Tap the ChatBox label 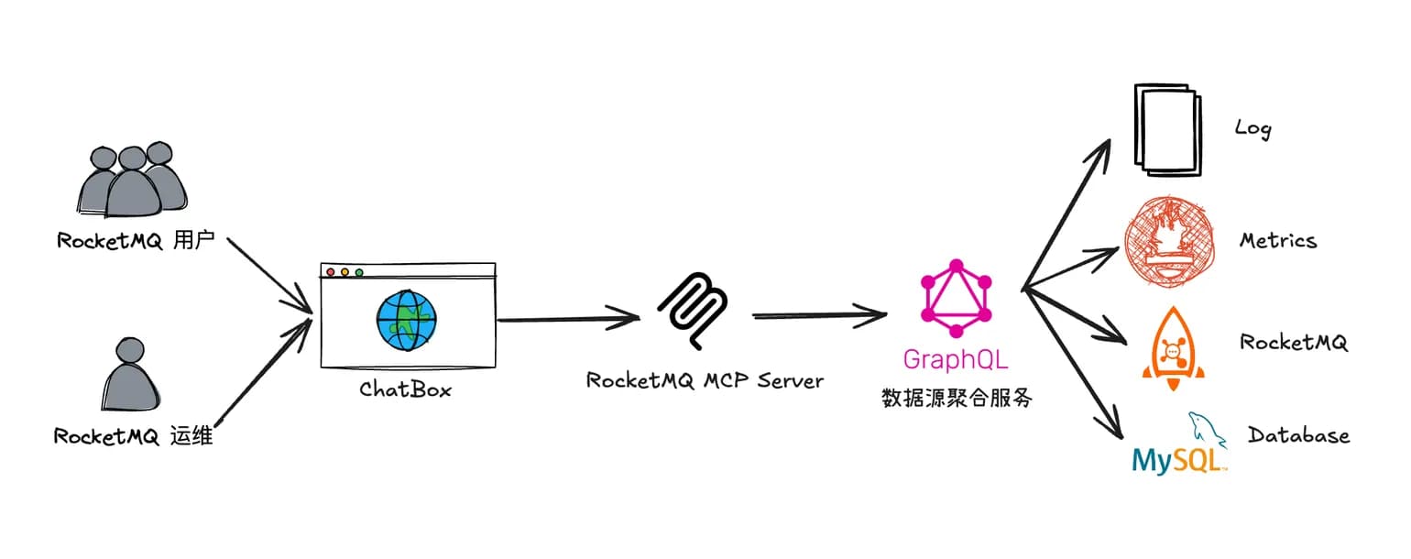(x=406, y=389)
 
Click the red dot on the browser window (x=330, y=272)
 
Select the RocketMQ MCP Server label (x=705, y=379)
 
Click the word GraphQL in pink (x=957, y=358)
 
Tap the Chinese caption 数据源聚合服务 (x=957, y=399)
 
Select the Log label (x=1252, y=127)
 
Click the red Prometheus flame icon (x=1168, y=241)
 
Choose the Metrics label (x=1277, y=241)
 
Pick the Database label (x=1298, y=434)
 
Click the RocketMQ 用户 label (x=135, y=241)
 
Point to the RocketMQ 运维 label (x=133, y=436)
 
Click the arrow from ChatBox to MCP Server (x=568, y=319)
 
